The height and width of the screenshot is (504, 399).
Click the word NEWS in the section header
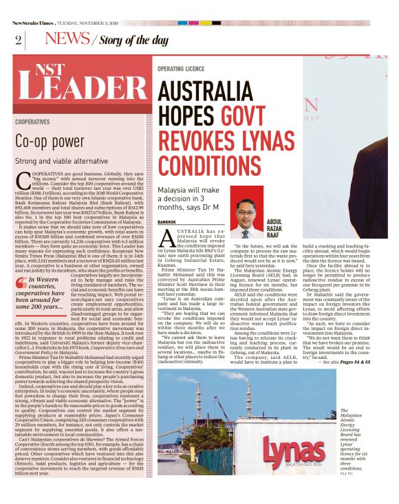tap(67, 39)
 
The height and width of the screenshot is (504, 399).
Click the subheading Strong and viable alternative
tap(61, 161)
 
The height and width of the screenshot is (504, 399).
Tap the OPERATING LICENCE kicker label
tap(181, 69)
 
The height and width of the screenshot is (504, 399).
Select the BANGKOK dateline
tap(167, 222)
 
